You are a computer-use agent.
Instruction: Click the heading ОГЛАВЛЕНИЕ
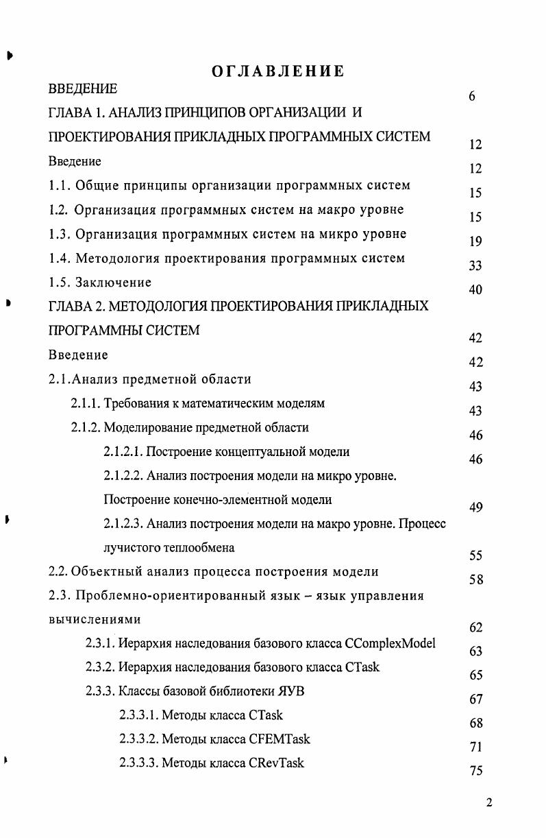point(278,71)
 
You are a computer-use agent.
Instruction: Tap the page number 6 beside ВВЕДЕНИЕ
point(472,97)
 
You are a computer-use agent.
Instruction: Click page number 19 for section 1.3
point(475,241)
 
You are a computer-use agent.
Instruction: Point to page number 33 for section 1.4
point(475,265)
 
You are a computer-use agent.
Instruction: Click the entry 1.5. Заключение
point(100,283)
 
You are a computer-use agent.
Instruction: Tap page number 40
point(475,290)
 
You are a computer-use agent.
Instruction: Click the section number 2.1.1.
point(86,404)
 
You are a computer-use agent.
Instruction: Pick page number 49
point(476,507)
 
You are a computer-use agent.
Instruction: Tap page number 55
point(476,555)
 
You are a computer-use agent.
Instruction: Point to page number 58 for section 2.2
point(476,579)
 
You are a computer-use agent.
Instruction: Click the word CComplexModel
point(390,644)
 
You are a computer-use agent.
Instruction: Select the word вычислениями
point(95,620)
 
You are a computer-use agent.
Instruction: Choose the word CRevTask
point(277,763)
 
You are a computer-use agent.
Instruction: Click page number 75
point(476,771)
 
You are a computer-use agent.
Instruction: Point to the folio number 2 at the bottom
point(488,804)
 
